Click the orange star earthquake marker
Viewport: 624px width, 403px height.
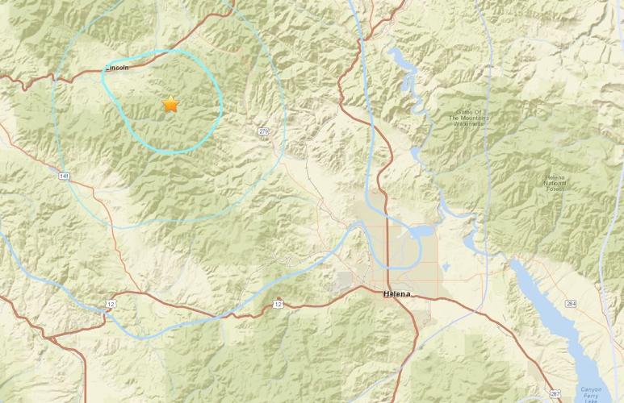point(170,104)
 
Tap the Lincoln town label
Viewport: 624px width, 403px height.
point(117,69)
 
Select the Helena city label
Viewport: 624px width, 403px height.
point(396,294)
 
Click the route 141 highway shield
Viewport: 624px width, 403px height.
point(63,175)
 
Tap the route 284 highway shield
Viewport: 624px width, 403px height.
point(593,304)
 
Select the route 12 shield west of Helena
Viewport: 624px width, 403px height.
point(278,304)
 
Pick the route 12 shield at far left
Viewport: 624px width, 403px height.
point(110,303)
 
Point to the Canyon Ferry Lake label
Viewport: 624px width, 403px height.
point(592,394)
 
